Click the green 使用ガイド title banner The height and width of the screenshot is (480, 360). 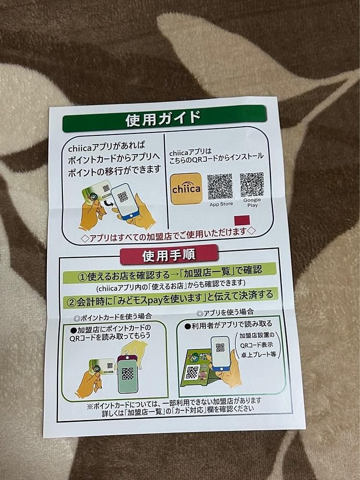tap(164, 118)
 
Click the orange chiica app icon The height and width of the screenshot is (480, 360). tap(186, 189)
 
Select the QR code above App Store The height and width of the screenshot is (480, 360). tap(220, 187)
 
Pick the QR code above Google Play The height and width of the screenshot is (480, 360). tap(252, 184)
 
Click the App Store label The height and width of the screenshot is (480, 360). tap(221, 204)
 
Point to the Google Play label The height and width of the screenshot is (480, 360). tap(252, 203)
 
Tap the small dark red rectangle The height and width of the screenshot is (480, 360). tap(242, 220)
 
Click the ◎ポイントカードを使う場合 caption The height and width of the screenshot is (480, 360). tap(113, 317)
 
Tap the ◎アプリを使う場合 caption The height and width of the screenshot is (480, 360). tap(225, 312)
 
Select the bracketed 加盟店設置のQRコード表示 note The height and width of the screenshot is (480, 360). tap(257, 345)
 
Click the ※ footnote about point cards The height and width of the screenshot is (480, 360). tap(174, 405)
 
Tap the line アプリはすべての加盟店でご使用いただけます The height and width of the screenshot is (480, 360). tap(168, 235)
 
